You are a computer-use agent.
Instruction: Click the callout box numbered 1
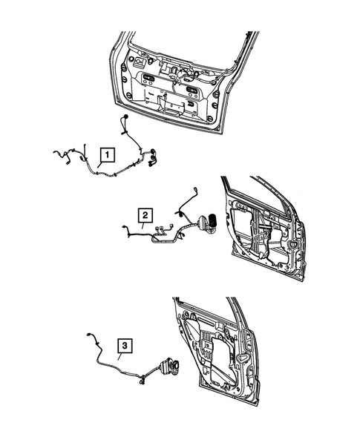[x=108, y=155]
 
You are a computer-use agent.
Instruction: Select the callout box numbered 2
[x=145, y=215]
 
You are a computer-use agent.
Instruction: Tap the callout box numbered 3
[x=125, y=345]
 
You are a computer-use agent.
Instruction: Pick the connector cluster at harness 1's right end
[x=154, y=157]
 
